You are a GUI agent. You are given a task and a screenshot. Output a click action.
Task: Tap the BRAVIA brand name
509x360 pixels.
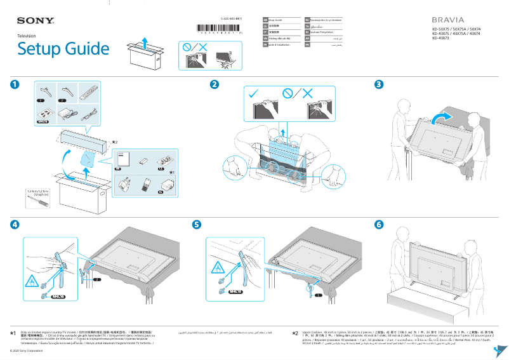(x=448, y=20)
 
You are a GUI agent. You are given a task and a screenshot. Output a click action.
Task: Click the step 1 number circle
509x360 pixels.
(x=15, y=84)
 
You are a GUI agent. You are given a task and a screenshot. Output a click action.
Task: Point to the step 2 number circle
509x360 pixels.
(x=215, y=84)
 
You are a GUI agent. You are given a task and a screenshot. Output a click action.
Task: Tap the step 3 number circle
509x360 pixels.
(x=379, y=84)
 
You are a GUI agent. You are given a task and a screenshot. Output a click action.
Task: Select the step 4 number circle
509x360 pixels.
(x=15, y=225)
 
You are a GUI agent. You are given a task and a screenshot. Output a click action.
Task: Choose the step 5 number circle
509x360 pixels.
(x=197, y=225)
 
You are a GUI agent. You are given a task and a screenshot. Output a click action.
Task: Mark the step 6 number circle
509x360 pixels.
(x=379, y=225)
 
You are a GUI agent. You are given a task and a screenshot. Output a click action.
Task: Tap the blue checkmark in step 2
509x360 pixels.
(x=254, y=93)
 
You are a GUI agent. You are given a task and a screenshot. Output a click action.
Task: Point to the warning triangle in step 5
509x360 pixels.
(x=216, y=265)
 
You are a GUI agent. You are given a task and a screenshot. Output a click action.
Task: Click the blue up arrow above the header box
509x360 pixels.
(x=145, y=41)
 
